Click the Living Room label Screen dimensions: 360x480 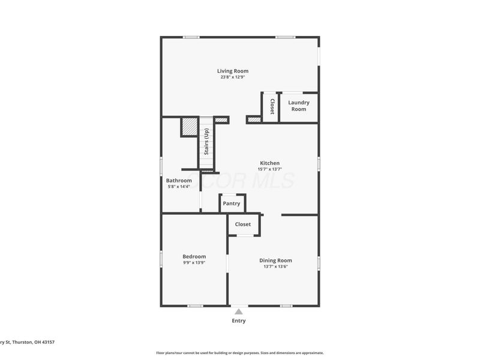click(233, 71)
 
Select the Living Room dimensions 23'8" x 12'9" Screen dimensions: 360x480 click(233, 77)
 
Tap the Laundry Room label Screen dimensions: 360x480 click(299, 106)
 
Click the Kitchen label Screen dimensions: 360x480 click(269, 163)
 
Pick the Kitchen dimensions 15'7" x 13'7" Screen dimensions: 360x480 click(269, 169)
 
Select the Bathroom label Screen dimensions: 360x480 click(179, 181)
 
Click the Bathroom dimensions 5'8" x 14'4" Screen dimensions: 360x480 click(179, 187)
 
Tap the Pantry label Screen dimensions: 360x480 click(232, 203)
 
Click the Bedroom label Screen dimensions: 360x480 click(194, 256)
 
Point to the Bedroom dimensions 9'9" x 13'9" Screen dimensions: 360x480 click(194, 262)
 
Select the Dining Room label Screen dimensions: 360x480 click(276, 260)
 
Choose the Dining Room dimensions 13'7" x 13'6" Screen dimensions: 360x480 click(276, 266)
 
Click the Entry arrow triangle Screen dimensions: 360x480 click(239, 311)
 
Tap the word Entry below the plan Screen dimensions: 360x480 click(239, 321)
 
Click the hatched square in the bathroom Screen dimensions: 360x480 click(190, 126)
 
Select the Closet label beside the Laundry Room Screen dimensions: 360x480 click(272, 107)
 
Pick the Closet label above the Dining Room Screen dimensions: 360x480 click(243, 224)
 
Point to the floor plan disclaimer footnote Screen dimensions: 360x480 click(240, 353)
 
